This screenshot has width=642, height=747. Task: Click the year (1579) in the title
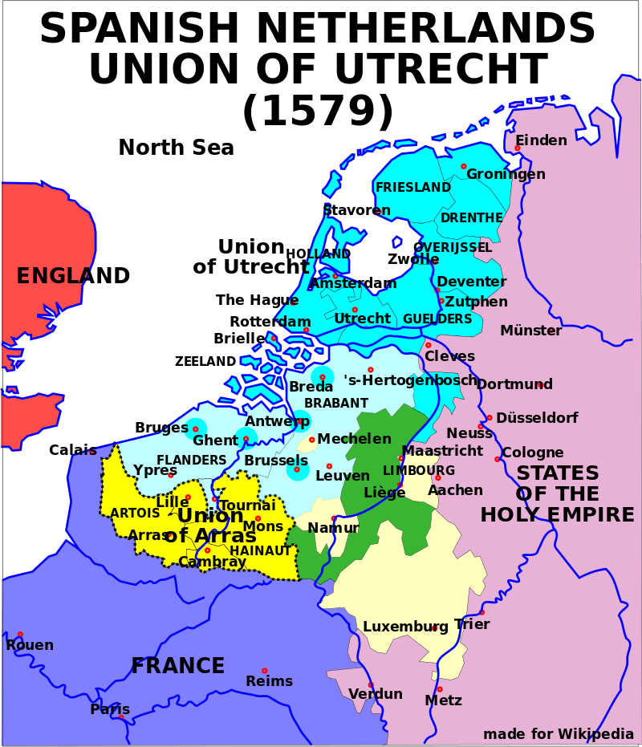coord(318,111)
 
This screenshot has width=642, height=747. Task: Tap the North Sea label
coord(176,148)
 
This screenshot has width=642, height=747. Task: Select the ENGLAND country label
coord(73,276)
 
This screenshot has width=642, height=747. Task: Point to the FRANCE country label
coord(177,666)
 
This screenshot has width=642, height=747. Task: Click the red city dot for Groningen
coord(464,166)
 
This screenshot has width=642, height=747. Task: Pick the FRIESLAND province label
coord(413,188)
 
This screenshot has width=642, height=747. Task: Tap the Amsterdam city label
coord(353,283)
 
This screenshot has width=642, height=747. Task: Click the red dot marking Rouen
coord(20,635)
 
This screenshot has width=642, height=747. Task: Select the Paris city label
coord(110,709)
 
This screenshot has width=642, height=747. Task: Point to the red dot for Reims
coord(264,670)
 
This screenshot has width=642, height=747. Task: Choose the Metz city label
coord(443,700)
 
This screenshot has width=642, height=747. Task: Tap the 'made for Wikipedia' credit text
coord(558,733)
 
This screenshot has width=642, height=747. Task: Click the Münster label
coord(530,331)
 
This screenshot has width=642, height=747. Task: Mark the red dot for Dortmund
coord(540,384)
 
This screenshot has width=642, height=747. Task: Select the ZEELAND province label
coord(205,362)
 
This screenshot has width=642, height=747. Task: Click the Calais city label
coord(72,450)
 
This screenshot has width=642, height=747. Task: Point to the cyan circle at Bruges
coord(195,429)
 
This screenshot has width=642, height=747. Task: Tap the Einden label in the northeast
coord(541,140)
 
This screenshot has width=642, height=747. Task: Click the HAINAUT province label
coord(260,551)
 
